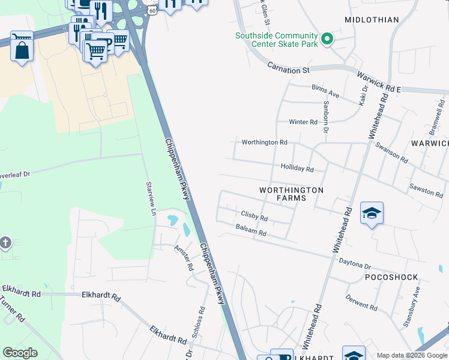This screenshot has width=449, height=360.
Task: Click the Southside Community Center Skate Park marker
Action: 327,40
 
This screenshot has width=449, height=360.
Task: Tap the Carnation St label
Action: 288,70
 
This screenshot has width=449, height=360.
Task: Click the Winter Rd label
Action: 303,122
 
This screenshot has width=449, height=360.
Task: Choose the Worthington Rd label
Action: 264,143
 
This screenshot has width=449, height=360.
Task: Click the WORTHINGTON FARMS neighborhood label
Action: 291,194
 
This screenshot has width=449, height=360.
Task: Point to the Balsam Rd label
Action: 251,232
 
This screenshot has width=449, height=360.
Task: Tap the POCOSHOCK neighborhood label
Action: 391,278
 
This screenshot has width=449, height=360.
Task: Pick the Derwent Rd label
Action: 361,304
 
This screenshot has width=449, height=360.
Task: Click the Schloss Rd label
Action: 201,322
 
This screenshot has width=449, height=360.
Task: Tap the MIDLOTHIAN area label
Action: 372,20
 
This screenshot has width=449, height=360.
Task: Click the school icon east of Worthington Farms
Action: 372,214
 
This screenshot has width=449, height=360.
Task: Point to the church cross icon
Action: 5,243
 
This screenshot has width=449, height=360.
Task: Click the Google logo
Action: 20,353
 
